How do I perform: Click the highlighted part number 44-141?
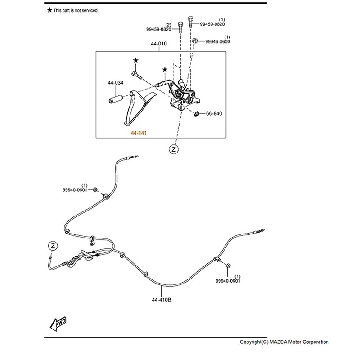pyautogui.click(x=139, y=133)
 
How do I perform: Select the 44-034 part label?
pyautogui.click(x=115, y=83)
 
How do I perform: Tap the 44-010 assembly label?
pyautogui.click(x=159, y=44)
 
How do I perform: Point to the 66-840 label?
pyautogui.click(x=214, y=113)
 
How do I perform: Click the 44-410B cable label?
pyautogui.click(x=162, y=300)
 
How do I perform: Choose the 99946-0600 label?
pyautogui.click(x=218, y=41)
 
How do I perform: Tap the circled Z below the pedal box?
pyautogui.click(x=174, y=149)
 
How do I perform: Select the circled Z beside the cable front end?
pyautogui.click(x=53, y=246)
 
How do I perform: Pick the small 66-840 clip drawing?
pyautogui.click(x=197, y=113)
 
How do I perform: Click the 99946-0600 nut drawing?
pyautogui.click(x=195, y=40)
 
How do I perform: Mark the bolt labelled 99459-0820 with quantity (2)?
pyautogui.click(x=180, y=27)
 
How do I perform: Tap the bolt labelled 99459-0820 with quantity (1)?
pyautogui.click(x=190, y=22)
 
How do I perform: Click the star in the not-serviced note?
pyautogui.click(x=49, y=10)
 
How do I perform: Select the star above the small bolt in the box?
pyautogui.click(x=136, y=60)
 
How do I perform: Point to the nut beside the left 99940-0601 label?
pyautogui.click(x=94, y=190)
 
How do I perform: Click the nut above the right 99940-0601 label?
pyautogui.click(x=228, y=266)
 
